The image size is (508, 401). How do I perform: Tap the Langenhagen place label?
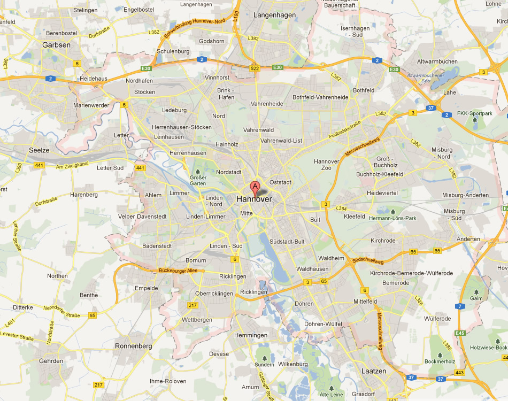[274, 16]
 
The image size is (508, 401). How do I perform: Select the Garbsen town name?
[56, 45]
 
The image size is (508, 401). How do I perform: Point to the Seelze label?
[40, 151]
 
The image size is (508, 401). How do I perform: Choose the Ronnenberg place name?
[133, 346]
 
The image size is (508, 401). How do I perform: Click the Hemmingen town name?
[251, 335]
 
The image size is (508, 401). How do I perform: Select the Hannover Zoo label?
[326, 165]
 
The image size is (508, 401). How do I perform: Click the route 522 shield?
[255, 67]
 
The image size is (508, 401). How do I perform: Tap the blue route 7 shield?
[459, 306]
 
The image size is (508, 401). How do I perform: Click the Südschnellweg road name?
[368, 261]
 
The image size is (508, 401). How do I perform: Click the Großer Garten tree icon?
[197, 171]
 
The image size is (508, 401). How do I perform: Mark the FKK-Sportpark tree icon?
[474, 121]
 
